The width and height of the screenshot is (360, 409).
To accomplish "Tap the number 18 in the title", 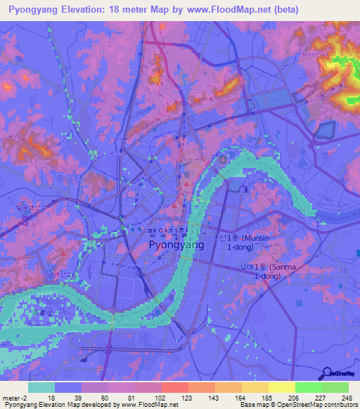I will click(x=124, y=10).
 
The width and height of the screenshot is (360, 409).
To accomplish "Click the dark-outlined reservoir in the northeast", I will click(x=326, y=130).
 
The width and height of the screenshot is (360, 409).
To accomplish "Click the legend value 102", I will click(x=161, y=398).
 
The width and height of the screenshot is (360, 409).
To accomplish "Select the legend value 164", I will click(x=241, y=398).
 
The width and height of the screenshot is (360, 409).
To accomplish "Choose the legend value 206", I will click(x=295, y=398).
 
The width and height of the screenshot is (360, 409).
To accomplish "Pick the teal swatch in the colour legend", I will click(x=41, y=387).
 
